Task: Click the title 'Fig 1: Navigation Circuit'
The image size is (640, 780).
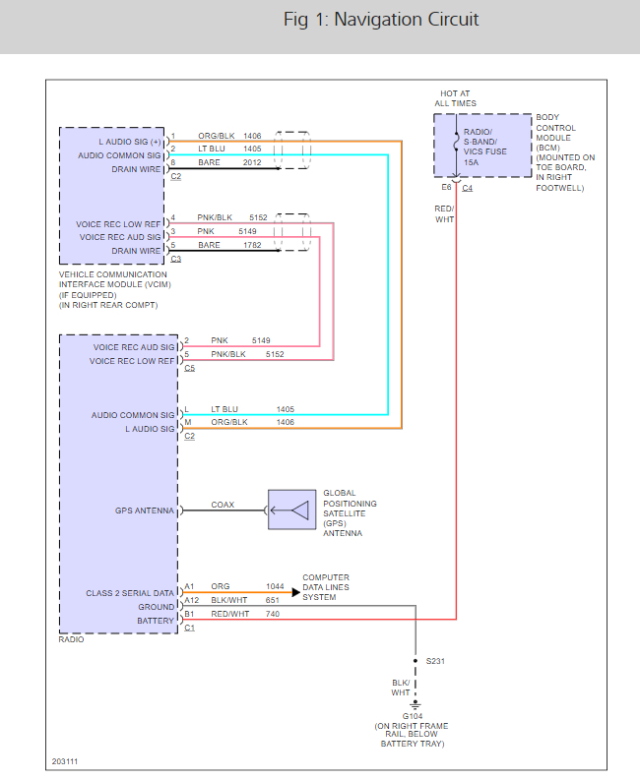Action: (381, 21)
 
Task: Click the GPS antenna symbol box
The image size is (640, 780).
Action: (292, 510)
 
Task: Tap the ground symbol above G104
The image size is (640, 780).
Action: (415, 705)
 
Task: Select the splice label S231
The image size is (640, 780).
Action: (435, 661)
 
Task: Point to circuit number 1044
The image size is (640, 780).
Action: (275, 586)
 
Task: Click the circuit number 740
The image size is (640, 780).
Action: (272, 614)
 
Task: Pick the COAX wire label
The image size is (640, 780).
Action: (223, 505)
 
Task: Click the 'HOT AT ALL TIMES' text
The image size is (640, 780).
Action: (456, 98)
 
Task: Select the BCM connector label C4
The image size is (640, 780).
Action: (467, 188)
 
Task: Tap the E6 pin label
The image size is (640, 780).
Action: (447, 188)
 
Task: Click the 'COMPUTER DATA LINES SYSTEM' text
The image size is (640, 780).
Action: (325, 587)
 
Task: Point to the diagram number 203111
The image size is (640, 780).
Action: (67, 761)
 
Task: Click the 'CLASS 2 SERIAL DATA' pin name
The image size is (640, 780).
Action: (130, 593)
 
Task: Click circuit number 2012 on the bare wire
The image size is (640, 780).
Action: (252, 162)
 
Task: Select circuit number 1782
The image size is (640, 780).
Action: (252, 245)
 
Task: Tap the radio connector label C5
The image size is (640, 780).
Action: (189, 368)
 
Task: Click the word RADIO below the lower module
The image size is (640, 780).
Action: (72, 639)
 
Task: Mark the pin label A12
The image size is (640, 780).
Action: (191, 600)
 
